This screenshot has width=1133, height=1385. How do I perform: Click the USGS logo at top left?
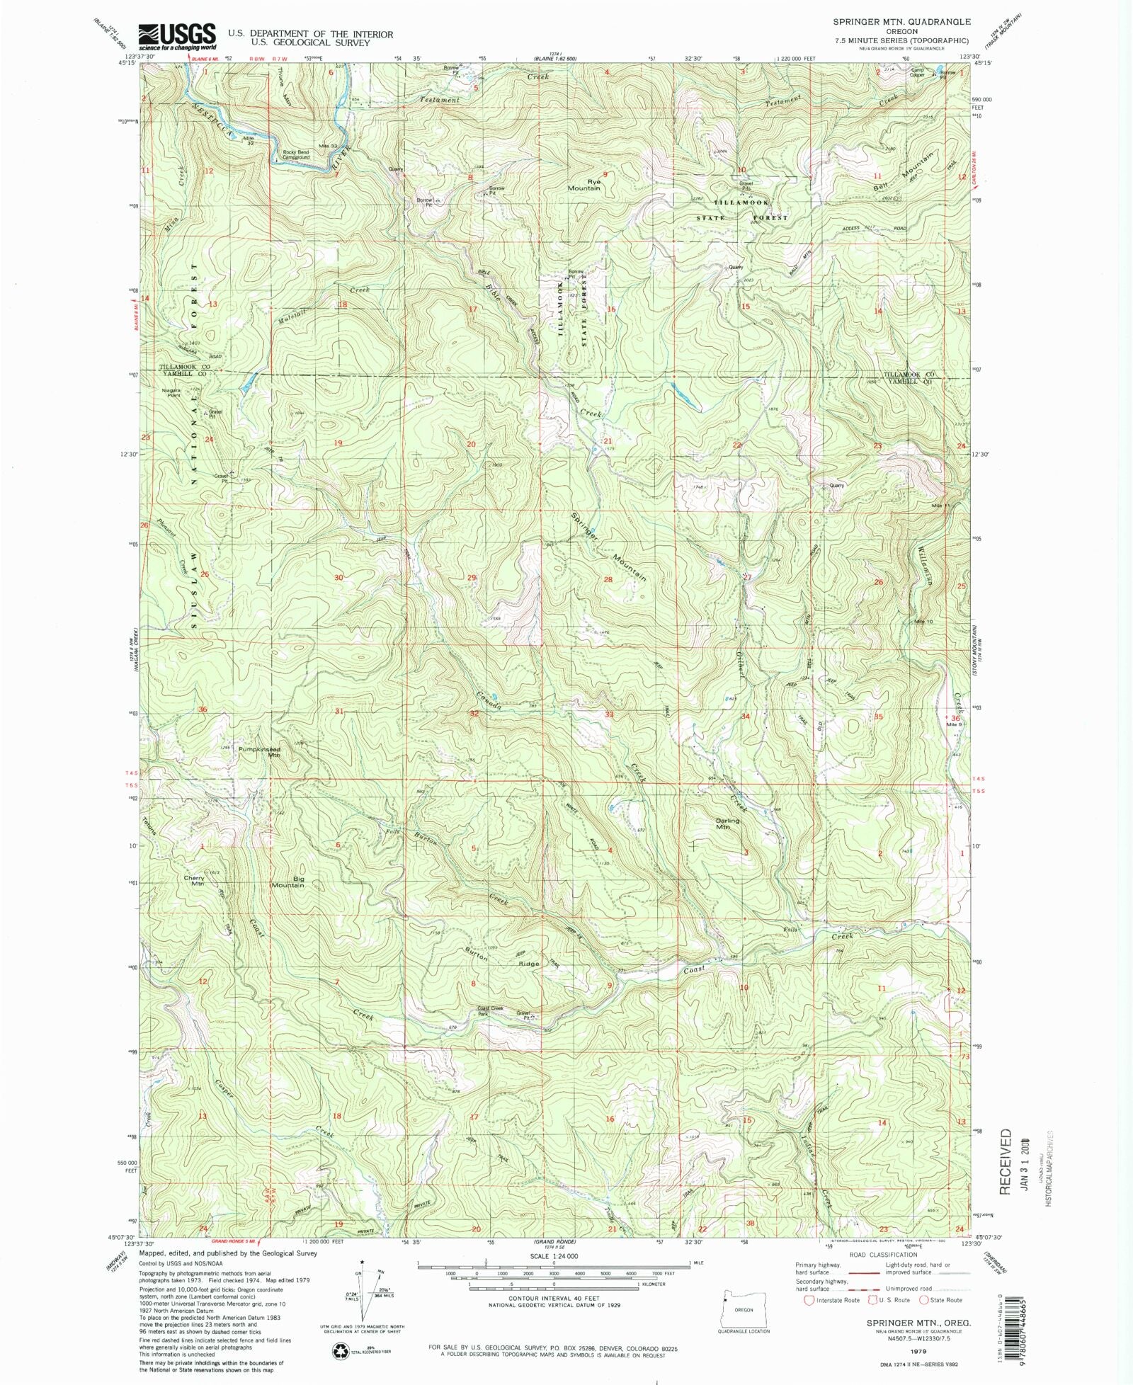pos(177,36)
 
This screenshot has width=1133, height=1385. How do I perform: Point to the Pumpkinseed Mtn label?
pos(259,752)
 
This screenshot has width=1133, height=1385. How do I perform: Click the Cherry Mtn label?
pos(194,880)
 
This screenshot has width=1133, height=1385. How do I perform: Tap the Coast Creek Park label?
pos(490,1011)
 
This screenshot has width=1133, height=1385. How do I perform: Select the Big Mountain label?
pos(289,882)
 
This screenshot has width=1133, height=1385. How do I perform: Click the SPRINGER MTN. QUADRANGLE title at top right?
pos(901,23)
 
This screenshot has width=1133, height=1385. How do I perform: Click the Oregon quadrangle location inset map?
pos(743,1310)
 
